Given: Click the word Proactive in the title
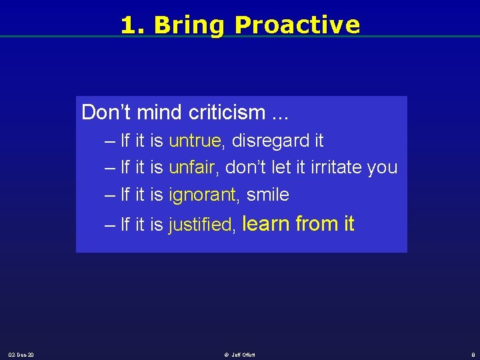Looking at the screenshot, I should pyautogui.click(x=297, y=25).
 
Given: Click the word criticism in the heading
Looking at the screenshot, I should pyautogui.click(x=227, y=113).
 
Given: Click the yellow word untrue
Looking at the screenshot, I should pyautogui.click(x=195, y=141).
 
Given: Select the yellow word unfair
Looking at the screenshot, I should pyautogui.click(x=192, y=168).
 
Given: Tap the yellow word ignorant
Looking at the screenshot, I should pyautogui.click(x=202, y=195).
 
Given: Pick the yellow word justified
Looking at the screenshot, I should pyautogui.click(x=201, y=225).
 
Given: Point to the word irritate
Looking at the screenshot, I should pyautogui.click(x=337, y=168).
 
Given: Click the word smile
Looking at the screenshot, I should pyautogui.click(x=267, y=195).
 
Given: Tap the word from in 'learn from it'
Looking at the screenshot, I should pyautogui.click(x=316, y=224).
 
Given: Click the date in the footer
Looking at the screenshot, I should pyautogui.click(x=21, y=354).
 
